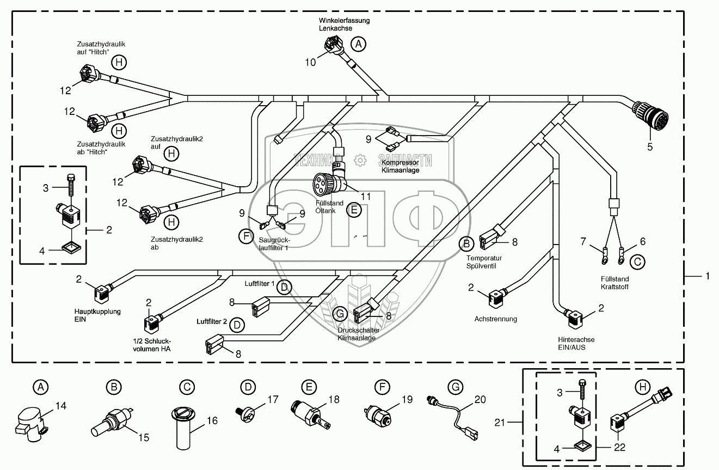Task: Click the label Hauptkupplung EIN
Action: click(x=97, y=315)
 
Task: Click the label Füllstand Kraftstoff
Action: click(x=614, y=283)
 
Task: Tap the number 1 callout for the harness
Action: click(x=707, y=277)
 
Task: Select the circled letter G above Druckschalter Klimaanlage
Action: click(x=340, y=314)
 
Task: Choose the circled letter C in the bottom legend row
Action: click(x=186, y=387)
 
